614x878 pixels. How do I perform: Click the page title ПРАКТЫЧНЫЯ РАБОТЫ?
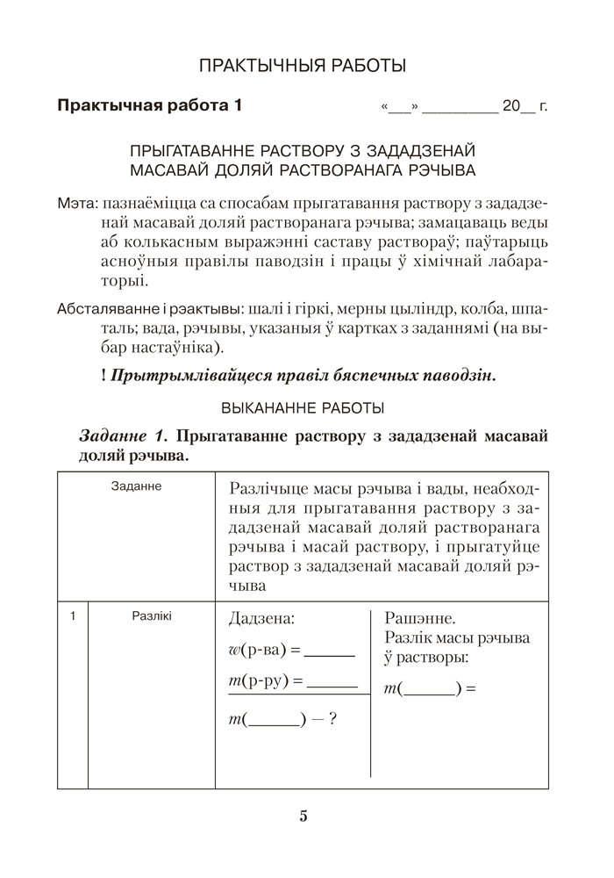[303, 65]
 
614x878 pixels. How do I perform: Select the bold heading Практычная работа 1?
[149, 106]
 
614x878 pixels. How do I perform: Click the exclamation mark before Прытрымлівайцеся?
[104, 375]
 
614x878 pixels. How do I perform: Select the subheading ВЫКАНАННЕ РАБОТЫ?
[303, 408]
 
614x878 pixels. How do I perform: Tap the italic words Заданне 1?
[122, 436]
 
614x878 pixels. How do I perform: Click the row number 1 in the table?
[73, 616]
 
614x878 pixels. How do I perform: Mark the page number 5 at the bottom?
[303, 816]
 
